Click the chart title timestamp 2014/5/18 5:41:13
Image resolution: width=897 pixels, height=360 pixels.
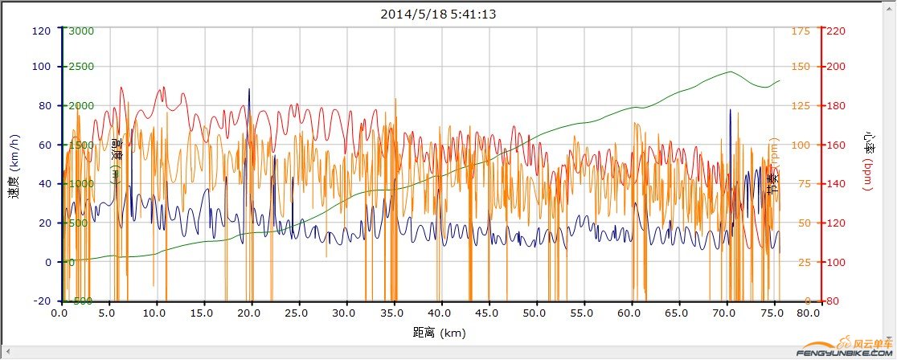[448, 14]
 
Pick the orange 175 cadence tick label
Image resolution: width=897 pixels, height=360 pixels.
[801, 31]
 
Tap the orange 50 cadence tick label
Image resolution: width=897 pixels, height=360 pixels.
[797, 223]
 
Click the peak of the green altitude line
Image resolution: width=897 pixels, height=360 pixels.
[731, 72]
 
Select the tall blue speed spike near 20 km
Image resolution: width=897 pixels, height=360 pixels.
[249, 90]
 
